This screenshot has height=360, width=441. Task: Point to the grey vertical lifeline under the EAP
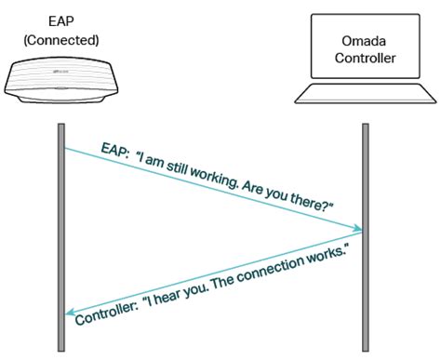tap(62, 233)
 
